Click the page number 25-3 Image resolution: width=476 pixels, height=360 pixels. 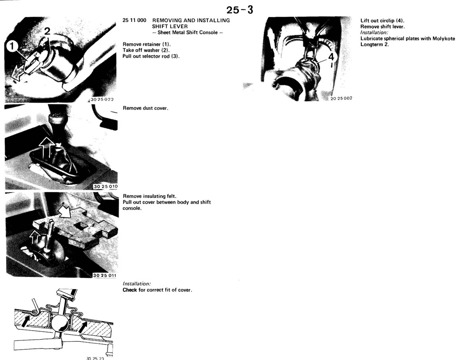click(x=240, y=10)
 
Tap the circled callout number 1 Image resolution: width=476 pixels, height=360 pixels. click(x=12, y=46)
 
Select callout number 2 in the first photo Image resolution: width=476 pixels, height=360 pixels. click(x=47, y=31)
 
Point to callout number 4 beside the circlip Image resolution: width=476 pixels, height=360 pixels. click(x=331, y=57)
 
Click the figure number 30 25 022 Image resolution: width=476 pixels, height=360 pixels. click(x=102, y=100)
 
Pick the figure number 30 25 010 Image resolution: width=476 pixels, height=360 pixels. click(x=106, y=186)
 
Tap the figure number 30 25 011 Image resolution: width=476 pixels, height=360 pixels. click(x=105, y=276)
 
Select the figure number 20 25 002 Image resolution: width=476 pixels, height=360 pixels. click(x=342, y=98)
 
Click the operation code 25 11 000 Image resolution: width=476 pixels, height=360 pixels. click(x=134, y=20)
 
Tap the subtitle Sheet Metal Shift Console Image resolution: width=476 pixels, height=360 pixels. click(x=187, y=33)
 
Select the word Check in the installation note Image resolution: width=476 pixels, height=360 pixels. click(x=130, y=290)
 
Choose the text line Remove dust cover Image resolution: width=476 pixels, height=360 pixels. click(x=146, y=108)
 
